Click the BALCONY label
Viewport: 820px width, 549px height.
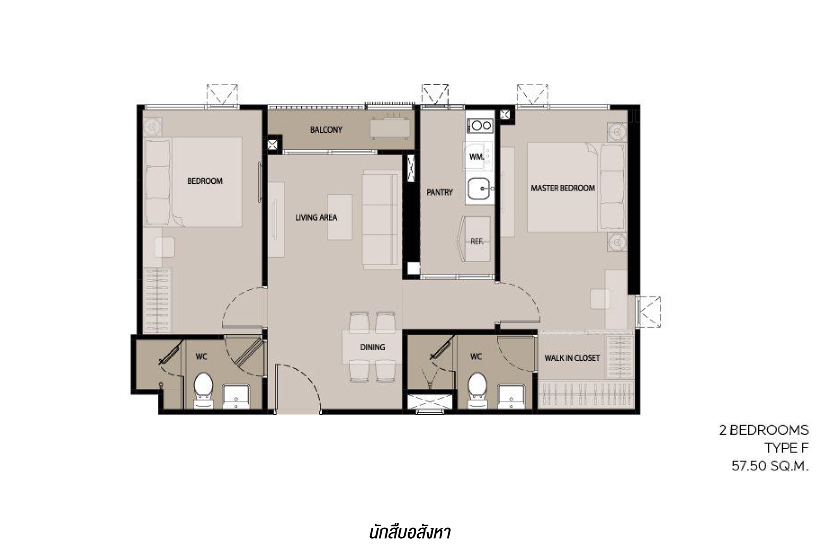[x=326, y=130]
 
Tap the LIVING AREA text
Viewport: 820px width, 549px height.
[x=316, y=218]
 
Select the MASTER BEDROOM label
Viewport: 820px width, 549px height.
[x=563, y=188]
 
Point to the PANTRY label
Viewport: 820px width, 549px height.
[x=440, y=192]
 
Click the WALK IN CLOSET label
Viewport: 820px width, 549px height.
[x=572, y=358]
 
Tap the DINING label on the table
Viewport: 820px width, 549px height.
[x=372, y=347]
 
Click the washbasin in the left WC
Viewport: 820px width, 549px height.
[x=236, y=396]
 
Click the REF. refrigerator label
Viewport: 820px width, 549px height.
[x=476, y=242]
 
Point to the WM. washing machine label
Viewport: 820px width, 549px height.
[x=476, y=157]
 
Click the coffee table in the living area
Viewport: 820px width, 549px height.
[x=340, y=217]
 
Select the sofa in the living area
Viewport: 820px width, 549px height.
[x=381, y=220]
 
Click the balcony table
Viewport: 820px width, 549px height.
[x=389, y=129]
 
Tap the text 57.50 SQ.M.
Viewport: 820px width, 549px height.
[x=770, y=466]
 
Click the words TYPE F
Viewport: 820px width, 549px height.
[x=786, y=448]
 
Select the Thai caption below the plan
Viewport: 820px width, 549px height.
[x=410, y=533]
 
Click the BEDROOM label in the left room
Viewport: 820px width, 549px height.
[x=205, y=181]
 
